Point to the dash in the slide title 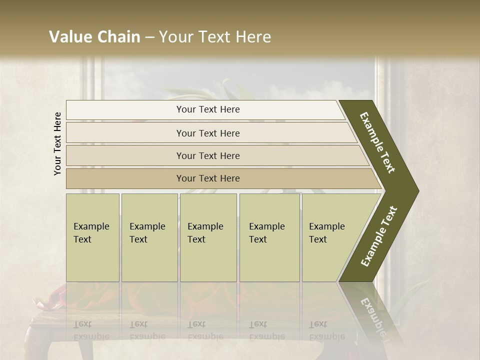click(149, 37)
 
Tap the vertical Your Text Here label click(57, 143)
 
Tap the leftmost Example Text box click(92, 237)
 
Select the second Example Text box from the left click(149, 237)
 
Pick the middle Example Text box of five click(208, 237)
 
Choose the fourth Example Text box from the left click(269, 237)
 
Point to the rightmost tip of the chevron click(418, 191)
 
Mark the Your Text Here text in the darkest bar click(208, 178)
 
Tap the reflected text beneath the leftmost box click(90, 330)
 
